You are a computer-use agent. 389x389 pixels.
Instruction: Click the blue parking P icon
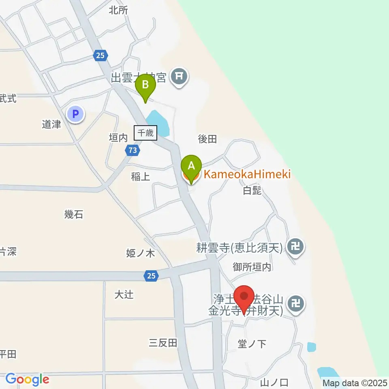coord(75,114)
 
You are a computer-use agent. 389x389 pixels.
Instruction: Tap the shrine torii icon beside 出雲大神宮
coord(179,76)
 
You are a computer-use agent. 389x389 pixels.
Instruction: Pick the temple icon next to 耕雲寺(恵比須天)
coord(296,246)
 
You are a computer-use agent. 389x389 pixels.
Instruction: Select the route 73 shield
coord(133,151)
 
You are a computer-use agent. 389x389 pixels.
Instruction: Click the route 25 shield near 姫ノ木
coord(151,276)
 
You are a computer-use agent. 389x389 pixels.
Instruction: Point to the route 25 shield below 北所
coord(100,55)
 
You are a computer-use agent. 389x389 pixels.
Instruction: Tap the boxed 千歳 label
coord(145,133)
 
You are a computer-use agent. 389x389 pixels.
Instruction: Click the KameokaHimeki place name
coord(247,175)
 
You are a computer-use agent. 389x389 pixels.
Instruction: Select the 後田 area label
coord(207,139)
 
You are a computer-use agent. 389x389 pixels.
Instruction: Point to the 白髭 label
coord(252,191)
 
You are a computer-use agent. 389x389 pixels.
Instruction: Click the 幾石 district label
coord(74,214)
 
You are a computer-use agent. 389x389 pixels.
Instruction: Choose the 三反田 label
coord(163,343)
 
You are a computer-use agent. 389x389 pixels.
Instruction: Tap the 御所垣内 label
coord(252,267)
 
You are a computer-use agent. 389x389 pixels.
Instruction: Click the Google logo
coord(27,379)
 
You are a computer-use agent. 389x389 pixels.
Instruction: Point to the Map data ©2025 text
coord(355,383)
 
